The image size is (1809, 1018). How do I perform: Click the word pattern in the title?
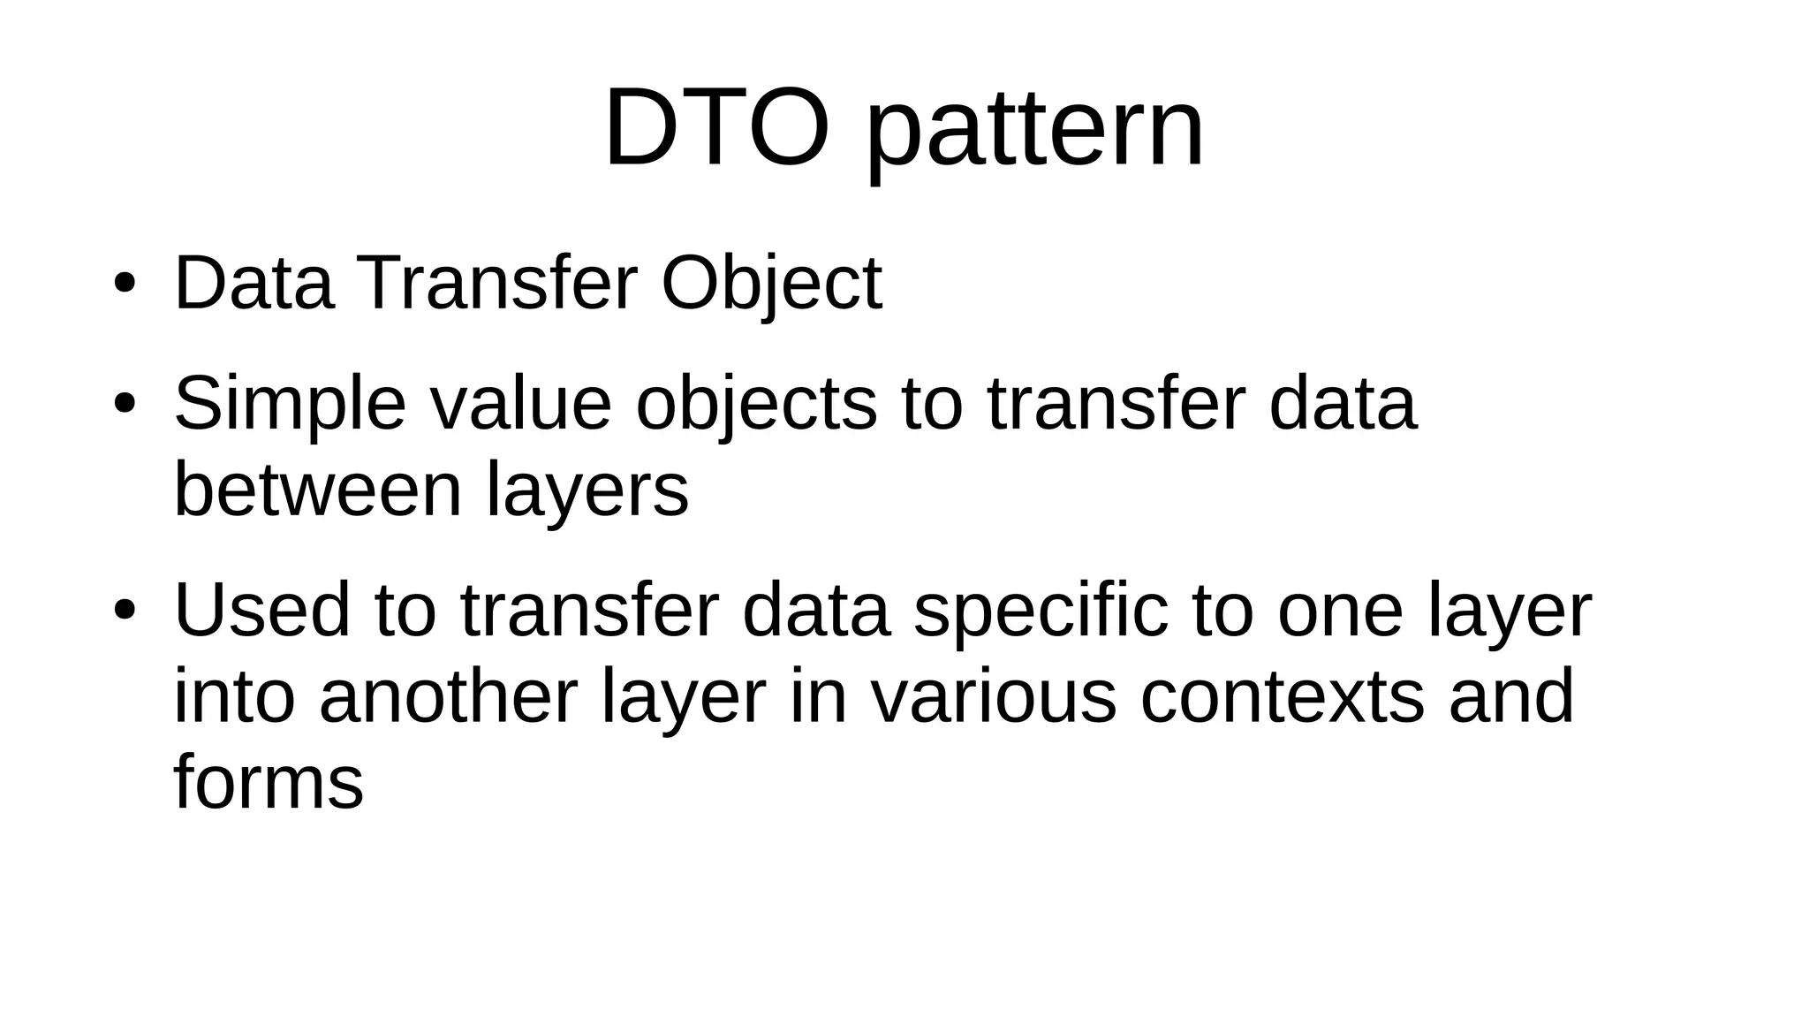tap(1034, 133)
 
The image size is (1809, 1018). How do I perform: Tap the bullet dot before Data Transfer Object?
tap(124, 284)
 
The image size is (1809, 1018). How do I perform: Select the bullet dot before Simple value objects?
tap(124, 405)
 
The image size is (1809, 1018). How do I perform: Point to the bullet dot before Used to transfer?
tap(124, 610)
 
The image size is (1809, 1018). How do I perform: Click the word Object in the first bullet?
tap(771, 285)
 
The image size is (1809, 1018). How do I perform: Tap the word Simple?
tap(291, 405)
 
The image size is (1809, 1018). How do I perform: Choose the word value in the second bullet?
tap(520, 403)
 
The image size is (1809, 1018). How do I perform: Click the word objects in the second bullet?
tap(756, 405)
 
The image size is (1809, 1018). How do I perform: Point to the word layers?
tap(587, 493)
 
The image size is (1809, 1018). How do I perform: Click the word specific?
tap(1041, 612)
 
